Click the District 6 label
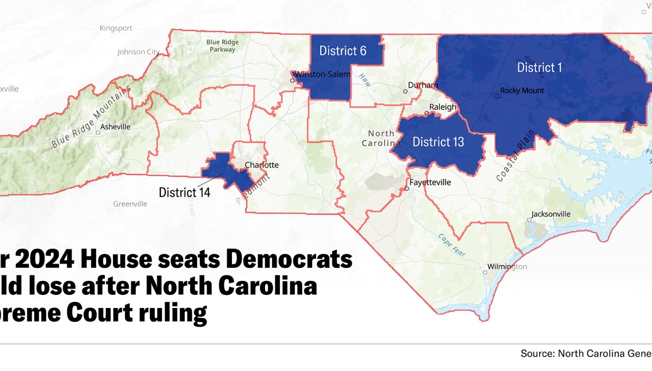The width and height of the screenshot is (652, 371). [343, 51]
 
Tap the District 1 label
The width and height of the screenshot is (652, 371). [539, 67]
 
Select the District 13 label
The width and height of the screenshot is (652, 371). [438, 142]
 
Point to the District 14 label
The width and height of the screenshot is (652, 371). [185, 192]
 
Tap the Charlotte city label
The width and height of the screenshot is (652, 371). [261, 165]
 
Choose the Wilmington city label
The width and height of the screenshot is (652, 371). [509, 267]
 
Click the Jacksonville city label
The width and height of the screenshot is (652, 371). [551, 214]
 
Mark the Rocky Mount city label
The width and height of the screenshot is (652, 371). [522, 91]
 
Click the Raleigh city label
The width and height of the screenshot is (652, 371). [443, 108]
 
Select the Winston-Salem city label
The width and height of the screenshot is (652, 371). [323, 74]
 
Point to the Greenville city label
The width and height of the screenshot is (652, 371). [130, 204]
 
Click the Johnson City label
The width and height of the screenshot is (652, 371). [139, 52]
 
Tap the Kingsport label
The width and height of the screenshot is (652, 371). [116, 28]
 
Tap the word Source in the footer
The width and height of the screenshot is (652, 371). [536, 354]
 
